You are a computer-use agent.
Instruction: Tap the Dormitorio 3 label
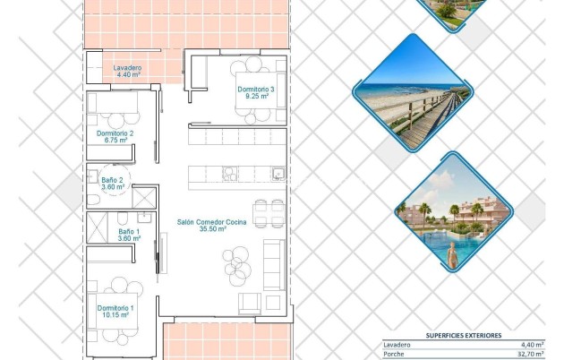256,90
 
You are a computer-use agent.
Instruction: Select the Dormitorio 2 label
115,133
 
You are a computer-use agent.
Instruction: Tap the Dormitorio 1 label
115,307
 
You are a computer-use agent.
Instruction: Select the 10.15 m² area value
115,315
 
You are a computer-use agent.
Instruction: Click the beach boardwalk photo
414,92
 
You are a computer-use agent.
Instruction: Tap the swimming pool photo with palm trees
454,212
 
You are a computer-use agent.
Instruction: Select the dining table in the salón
268,213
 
